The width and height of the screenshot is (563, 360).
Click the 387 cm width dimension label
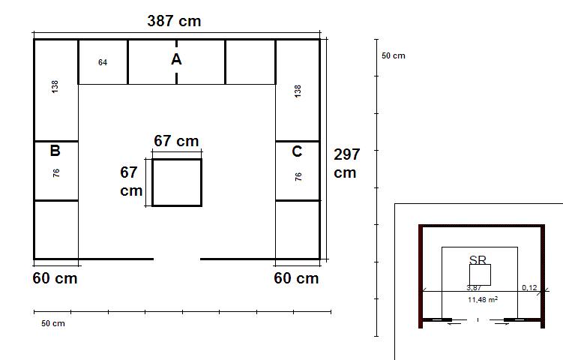pyautogui.click(x=174, y=21)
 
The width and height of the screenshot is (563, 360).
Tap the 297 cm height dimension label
pyautogui.click(x=346, y=163)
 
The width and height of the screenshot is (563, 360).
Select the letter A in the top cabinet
pyautogui.click(x=176, y=59)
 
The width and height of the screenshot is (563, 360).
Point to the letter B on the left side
pyautogui.click(x=55, y=151)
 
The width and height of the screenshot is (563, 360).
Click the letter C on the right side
pyautogui.click(x=297, y=151)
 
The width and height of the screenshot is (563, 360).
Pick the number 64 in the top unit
pyautogui.click(x=103, y=62)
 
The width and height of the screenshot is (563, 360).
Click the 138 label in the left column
pyautogui.click(x=55, y=86)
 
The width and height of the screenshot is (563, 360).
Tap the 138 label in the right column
pyautogui.click(x=298, y=91)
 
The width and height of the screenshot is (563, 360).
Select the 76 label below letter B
pyautogui.click(x=56, y=172)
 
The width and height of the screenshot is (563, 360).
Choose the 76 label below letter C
pyautogui.click(x=298, y=177)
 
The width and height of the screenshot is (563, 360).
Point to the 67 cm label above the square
pyautogui.click(x=176, y=141)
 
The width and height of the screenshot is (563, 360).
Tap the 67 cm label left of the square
pyautogui.click(x=131, y=181)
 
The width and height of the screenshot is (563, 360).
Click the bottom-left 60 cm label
pyautogui.click(x=55, y=278)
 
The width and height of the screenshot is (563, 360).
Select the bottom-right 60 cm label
pyautogui.click(x=296, y=278)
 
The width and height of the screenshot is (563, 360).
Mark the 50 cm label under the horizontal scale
pyautogui.click(x=53, y=323)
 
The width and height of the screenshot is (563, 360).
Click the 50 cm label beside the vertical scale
pyautogui.click(x=394, y=55)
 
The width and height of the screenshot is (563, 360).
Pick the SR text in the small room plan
pyautogui.click(x=478, y=259)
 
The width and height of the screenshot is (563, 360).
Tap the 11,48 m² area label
pyautogui.click(x=483, y=299)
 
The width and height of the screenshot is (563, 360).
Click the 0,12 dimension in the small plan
pyautogui.click(x=529, y=287)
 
